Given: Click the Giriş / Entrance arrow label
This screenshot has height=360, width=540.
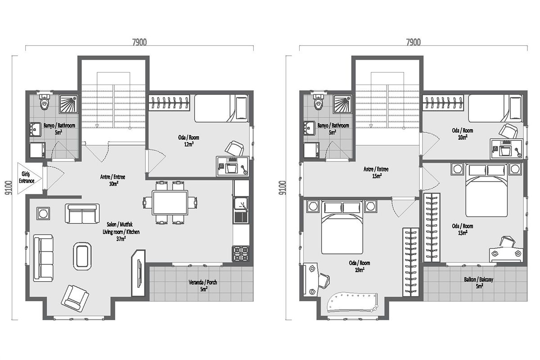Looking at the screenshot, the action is click(x=27, y=177).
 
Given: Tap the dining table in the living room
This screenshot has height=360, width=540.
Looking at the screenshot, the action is click(x=170, y=202).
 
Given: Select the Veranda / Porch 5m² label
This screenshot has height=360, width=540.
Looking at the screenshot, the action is click(x=203, y=285).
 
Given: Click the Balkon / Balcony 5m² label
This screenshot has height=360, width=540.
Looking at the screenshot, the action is click(x=478, y=283).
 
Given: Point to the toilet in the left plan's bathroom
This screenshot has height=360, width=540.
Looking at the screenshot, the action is click(x=45, y=102).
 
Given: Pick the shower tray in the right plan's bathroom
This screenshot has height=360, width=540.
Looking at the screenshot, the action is click(x=342, y=104).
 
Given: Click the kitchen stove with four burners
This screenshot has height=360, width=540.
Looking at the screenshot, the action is click(x=240, y=254).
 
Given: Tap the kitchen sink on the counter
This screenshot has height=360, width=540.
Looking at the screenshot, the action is click(x=241, y=210).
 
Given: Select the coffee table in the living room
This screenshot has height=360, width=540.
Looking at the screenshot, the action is click(x=82, y=256).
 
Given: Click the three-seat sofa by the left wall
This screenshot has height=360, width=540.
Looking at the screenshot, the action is click(x=43, y=258).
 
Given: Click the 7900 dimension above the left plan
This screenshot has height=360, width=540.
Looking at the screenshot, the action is click(x=139, y=42).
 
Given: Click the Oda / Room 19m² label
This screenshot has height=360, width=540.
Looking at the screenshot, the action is click(x=359, y=266).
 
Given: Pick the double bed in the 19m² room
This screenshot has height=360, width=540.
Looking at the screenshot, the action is click(x=342, y=227).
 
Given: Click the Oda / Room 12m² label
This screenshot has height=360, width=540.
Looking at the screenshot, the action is click(x=189, y=141).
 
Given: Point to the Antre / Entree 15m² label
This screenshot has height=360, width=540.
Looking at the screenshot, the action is click(x=376, y=172).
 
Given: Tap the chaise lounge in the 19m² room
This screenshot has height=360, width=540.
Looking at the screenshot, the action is click(x=352, y=303).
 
